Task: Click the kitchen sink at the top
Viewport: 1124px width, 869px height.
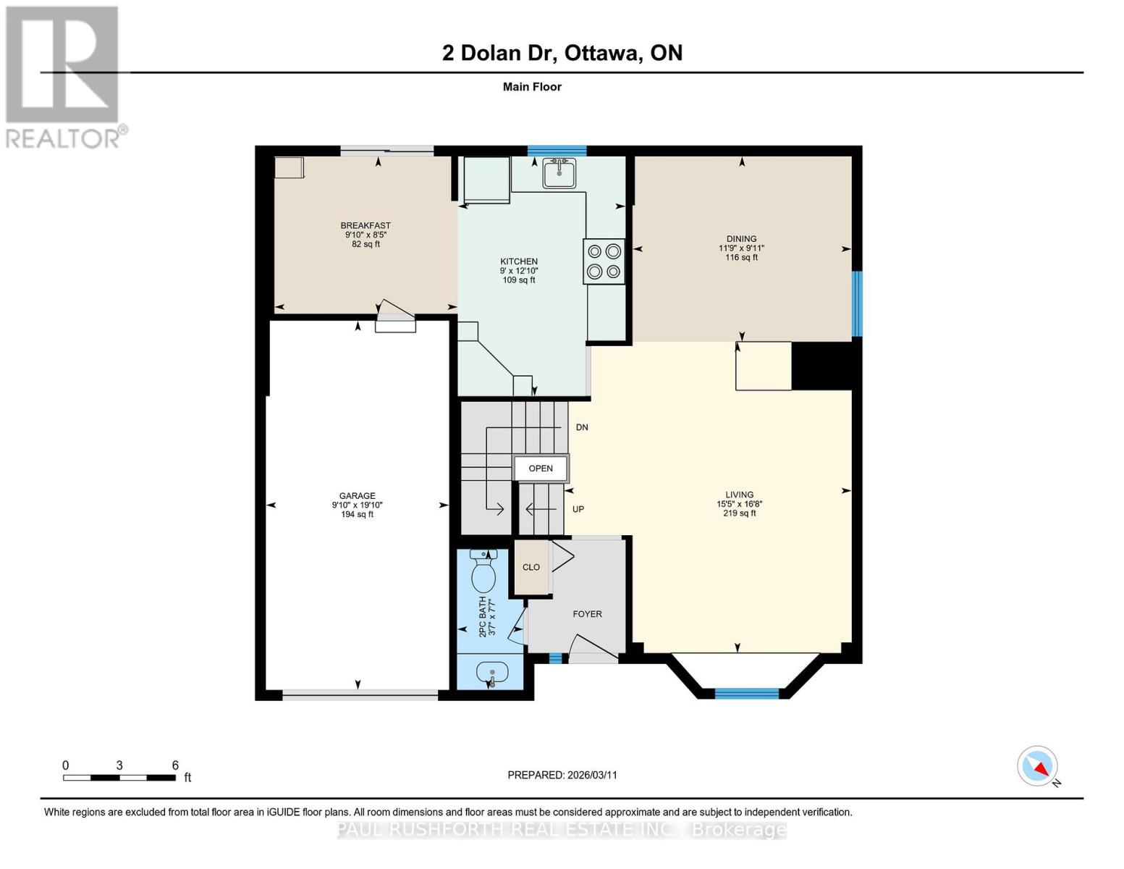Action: click(559, 173)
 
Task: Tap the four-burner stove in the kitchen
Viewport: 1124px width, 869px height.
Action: click(604, 261)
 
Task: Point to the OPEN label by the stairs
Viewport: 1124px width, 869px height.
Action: click(541, 469)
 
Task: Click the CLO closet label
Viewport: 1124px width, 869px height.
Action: click(531, 567)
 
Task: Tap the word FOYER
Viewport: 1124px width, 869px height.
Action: click(587, 614)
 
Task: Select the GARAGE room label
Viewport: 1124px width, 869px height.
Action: click(358, 496)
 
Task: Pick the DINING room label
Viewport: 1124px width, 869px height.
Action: click(741, 239)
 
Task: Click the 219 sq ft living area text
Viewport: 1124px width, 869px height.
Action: click(739, 513)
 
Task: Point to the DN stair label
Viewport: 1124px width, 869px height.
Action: click(582, 428)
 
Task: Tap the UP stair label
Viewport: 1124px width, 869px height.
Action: click(578, 509)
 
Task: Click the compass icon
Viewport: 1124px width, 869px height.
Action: click(1038, 766)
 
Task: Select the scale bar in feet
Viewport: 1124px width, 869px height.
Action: click(119, 778)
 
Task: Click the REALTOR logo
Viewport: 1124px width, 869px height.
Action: click(64, 77)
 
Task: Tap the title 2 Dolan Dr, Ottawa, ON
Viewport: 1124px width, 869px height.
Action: click(562, 53)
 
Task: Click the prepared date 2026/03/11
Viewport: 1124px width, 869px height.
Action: click(562, 775)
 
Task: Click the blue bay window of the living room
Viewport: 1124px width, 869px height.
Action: click(747, 694)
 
